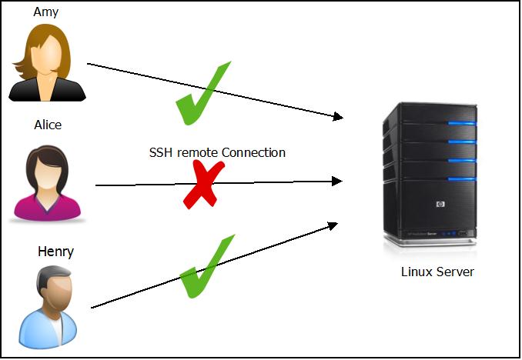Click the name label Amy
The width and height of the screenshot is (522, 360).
[x=45, y=12]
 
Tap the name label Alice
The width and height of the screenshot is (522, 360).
[x=48, y=125]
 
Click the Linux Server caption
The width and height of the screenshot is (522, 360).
[x=437, y=272]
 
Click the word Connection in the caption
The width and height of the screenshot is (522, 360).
[x=253, y=152]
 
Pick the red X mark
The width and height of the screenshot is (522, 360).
[x=203, y=185]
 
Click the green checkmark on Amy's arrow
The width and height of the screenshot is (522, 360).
[x=202, y=94]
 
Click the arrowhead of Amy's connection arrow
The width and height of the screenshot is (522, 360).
[x=338, y=117]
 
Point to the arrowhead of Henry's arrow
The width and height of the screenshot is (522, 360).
[x=333, y=225]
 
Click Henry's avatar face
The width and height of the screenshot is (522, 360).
[x=54, y=290]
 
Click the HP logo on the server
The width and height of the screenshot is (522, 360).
[x=440, y=205]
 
